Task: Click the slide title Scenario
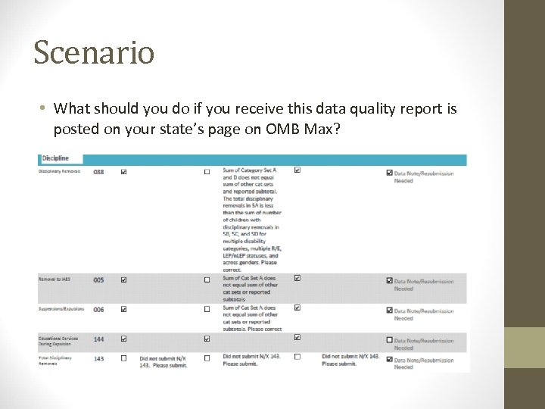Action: (x=94, y=52)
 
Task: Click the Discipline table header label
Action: (x=55, y=158)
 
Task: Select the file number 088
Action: (x=99, y=172)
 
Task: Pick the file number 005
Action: (x=99, y=279)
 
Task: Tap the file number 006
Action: (x=99, y=309)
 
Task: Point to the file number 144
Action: (x=99, y=339)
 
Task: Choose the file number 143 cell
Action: (x=99, y=358)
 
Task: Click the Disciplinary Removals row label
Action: (x=60, y=172)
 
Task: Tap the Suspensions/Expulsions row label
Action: (x=61, y=309)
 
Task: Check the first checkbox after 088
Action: (x=123, y=172)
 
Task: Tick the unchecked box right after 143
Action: (x=123, y=358)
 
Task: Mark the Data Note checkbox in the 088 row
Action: (x=389, y=173)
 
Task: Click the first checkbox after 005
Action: (x=123, y=279)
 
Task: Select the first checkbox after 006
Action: (x=123, y=309)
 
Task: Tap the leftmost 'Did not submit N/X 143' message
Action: (x=163, y=361)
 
